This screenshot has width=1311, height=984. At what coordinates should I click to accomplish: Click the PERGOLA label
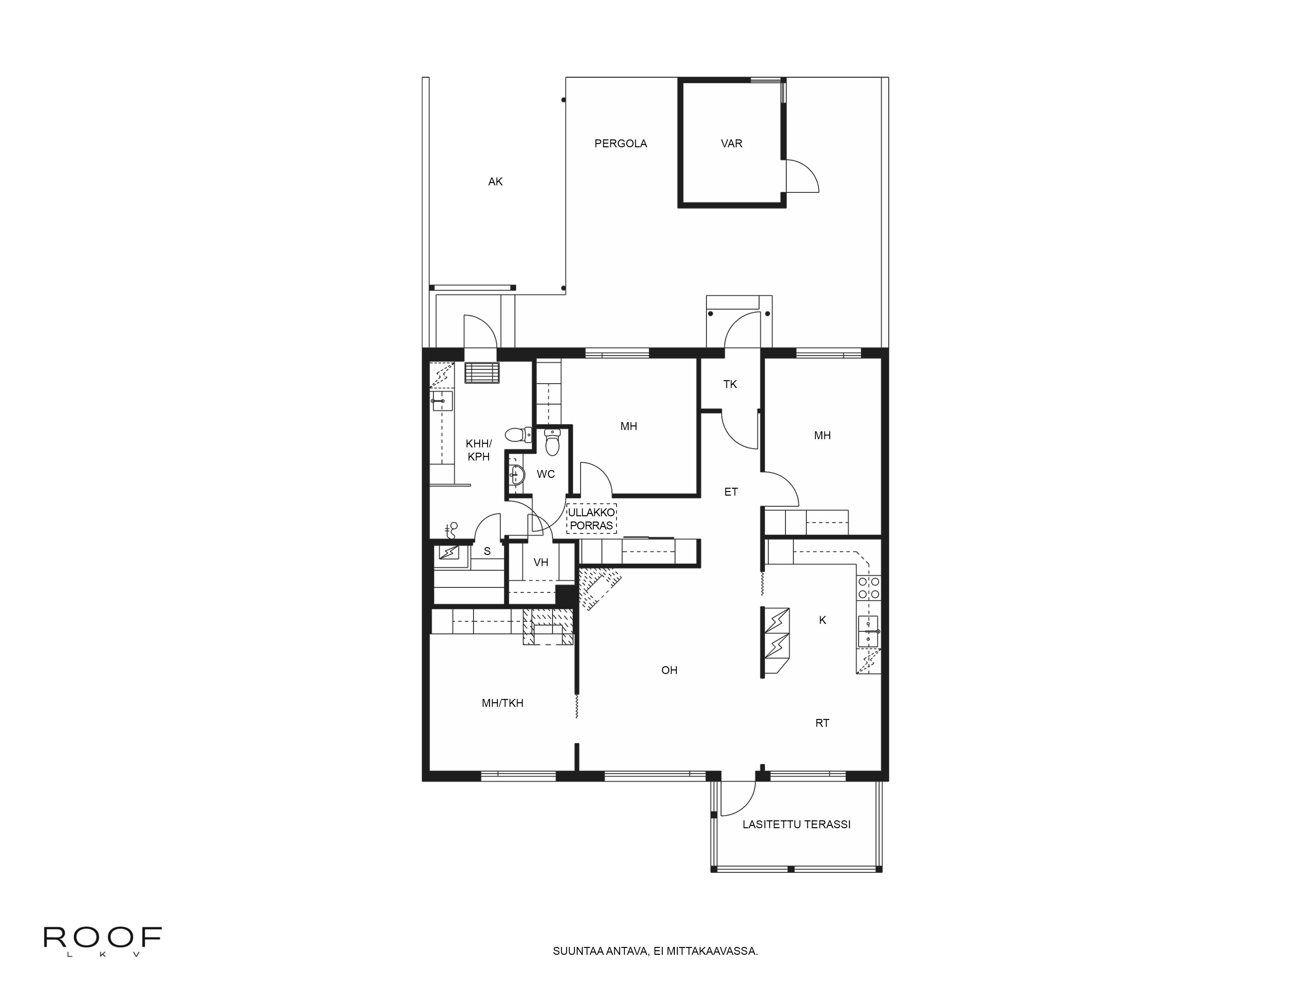(620, 144)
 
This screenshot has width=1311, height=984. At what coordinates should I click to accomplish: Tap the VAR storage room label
(731, 144)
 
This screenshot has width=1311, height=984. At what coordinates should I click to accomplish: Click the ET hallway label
(731, 492)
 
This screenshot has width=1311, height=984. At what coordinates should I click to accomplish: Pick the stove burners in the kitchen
(868, 588)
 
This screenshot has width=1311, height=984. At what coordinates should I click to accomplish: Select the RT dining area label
(822, 723)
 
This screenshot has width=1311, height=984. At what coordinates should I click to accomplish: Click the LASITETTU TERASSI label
(796, 825)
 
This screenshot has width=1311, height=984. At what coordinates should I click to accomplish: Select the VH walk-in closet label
(540, 562)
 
